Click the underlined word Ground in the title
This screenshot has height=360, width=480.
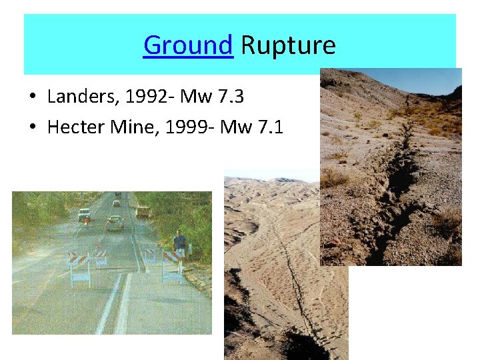(x=188, y=46)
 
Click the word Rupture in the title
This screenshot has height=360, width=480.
(x=288, y=46)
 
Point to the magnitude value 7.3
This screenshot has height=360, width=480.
(x=230, y=97)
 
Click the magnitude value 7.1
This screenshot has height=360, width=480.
(x=270, y=127)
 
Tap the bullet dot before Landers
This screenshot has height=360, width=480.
(x=32, y=98)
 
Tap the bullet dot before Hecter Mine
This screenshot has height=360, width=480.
(x=32, y=127)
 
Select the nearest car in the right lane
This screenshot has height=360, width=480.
(x=114, y=223)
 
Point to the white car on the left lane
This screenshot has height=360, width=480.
(x=83, y=215)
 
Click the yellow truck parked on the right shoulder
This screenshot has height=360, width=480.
(x=143, y=212)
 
